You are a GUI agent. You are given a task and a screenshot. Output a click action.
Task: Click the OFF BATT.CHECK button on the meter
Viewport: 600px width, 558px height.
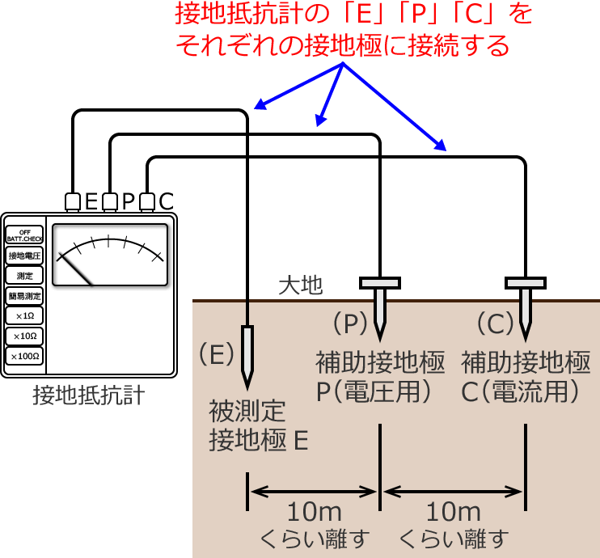click(24, 235)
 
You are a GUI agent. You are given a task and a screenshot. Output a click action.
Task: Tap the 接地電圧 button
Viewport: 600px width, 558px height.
click(24, 256)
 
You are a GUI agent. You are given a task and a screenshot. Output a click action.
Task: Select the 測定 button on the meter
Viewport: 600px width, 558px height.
click(24, 276)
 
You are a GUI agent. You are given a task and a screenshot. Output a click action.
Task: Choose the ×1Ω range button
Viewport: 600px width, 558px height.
click(24, 315)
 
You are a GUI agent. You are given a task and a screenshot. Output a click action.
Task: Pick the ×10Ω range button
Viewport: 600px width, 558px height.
click(24, 336)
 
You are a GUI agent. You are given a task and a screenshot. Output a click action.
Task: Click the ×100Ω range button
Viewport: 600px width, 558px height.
click(24, 356)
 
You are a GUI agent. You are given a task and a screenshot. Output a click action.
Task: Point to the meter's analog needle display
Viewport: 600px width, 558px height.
click(110, 256)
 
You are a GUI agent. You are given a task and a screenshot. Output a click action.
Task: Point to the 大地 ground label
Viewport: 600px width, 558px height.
click(300, 285)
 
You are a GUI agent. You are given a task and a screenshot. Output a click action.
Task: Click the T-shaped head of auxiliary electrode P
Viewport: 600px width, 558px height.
click(380, 283)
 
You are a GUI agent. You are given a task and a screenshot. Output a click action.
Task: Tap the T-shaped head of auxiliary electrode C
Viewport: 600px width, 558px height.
click(526, 283)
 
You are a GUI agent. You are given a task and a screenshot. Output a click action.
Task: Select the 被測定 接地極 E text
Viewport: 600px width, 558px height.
click(259, 425)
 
